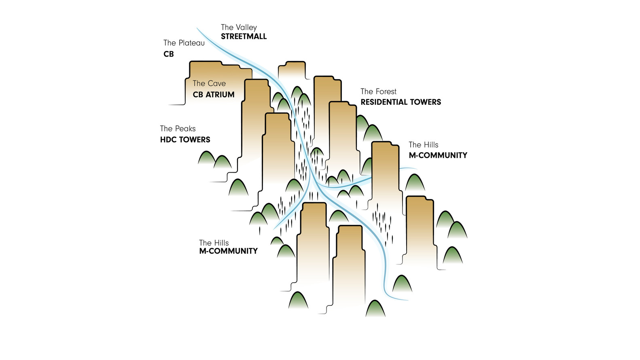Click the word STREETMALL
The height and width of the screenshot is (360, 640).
244,36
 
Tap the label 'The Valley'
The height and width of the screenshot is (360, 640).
239,28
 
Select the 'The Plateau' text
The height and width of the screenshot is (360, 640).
184,43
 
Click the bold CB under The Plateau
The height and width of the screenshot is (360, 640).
169,54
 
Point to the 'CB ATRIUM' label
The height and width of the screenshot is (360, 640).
214,95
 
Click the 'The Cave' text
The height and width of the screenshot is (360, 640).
209,83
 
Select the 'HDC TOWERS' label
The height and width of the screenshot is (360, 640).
185,140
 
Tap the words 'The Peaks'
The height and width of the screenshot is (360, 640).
178,129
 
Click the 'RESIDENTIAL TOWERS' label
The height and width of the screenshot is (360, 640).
401,102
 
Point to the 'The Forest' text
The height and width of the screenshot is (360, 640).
379,91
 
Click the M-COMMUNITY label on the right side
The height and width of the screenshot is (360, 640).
438,155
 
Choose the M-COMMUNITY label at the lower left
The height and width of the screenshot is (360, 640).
229,251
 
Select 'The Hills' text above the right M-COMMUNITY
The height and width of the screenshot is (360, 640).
424,145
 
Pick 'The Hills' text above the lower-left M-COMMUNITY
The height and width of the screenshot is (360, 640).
214,243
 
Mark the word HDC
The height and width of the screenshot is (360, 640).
168,140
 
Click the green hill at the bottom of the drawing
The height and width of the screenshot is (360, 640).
375,309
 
